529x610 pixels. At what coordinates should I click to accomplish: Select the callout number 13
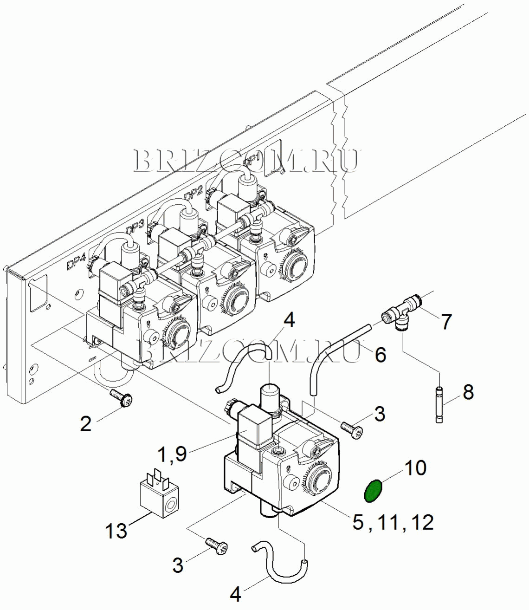click(116, 530)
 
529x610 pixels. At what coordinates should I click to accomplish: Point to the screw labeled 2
click(122, 399)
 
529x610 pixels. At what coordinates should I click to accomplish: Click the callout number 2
click(86, 423)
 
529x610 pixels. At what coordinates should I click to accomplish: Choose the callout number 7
click(446, 321)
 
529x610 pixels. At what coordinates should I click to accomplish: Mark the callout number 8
click(468, 392)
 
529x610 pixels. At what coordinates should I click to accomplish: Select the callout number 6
click(380, 355)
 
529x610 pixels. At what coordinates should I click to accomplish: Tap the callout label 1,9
click(173, 454)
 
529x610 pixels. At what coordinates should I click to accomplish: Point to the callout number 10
click(416, 467)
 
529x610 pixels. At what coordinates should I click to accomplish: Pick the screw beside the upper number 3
click(351, 428)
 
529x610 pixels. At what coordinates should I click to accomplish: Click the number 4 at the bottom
click(236, 594)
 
